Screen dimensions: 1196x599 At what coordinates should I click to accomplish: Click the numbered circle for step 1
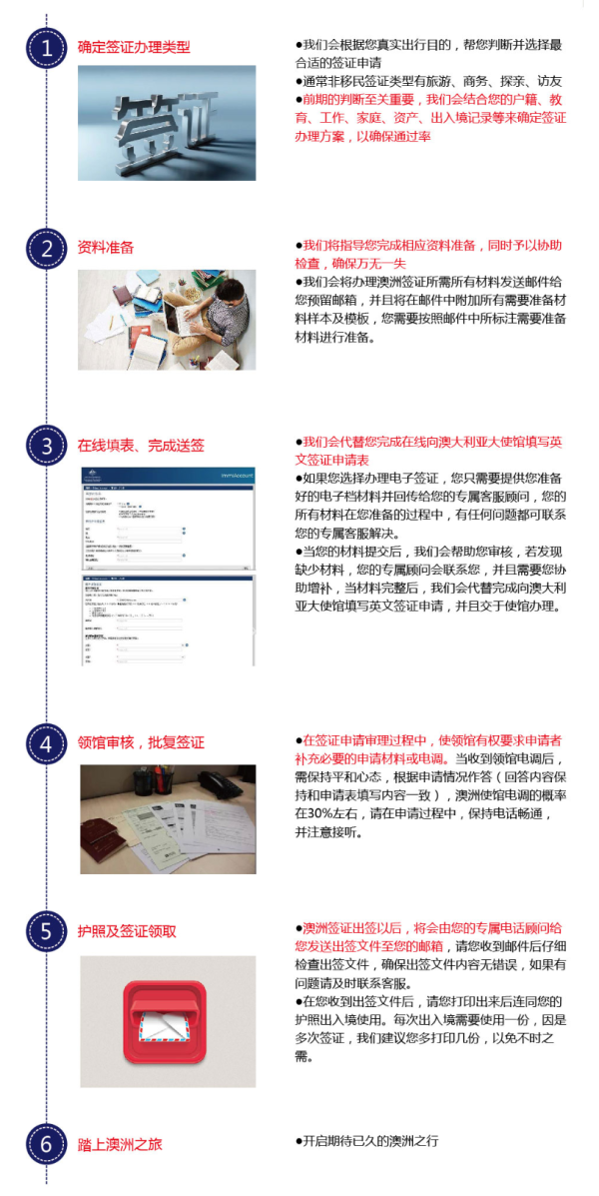click(x=46, y=48)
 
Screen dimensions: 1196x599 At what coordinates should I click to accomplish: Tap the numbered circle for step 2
click(x=46, y=248)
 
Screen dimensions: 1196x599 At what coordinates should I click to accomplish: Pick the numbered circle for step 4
click(x=46, y=743)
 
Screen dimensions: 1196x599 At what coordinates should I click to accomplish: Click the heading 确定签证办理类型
click(x=134, y=47)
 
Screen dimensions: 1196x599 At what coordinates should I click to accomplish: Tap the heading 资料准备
click(x=106, y=247)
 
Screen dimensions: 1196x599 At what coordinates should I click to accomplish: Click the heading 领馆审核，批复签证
click(x=141, y=742)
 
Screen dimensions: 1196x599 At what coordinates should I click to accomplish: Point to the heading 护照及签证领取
click(x=127, y=930)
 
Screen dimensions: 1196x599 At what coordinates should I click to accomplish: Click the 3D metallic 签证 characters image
click(x=167, y=123)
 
